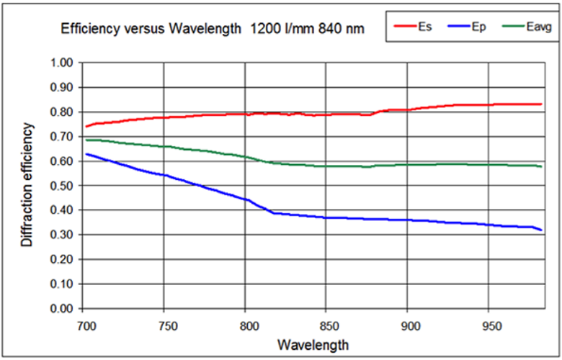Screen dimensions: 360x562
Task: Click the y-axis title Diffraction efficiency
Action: coord(27,185)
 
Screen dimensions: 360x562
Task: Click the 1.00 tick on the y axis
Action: coord(63,63)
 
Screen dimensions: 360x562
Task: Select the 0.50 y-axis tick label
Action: coord(63,186)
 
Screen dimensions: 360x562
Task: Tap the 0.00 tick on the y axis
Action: coord(63,309)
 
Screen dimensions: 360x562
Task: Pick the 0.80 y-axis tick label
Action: coord(63,112)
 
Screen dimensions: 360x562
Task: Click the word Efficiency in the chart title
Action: coord(87,30)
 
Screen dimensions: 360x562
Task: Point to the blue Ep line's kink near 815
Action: coord(272,212)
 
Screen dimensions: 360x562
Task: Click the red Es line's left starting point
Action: coord(85,127)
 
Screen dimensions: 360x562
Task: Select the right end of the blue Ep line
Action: coord(541,230)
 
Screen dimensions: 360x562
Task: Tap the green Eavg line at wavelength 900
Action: coord(408,165)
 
